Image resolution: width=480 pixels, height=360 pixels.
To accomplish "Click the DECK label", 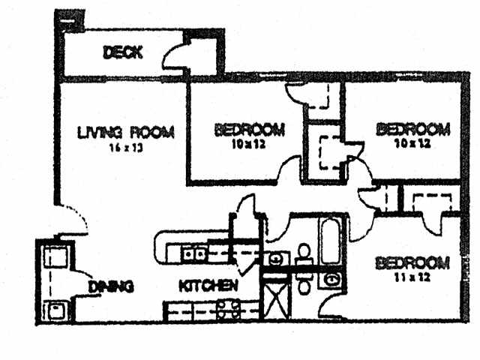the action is (123, 52).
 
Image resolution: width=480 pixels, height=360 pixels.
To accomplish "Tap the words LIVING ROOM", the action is (126, 133).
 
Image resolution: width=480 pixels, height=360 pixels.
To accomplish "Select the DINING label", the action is (110, 286).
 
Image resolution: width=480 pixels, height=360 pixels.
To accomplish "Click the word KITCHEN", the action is (208, 286).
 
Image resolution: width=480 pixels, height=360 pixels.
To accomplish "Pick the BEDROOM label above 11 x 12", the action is (412, 263).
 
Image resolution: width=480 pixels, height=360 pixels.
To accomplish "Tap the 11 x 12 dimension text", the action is (412, 277).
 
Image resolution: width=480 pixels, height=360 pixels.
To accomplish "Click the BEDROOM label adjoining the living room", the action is (249, 129).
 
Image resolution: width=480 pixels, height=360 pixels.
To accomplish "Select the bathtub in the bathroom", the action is (331, 241).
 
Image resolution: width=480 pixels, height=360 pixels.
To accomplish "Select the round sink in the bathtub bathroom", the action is (276, 259).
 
